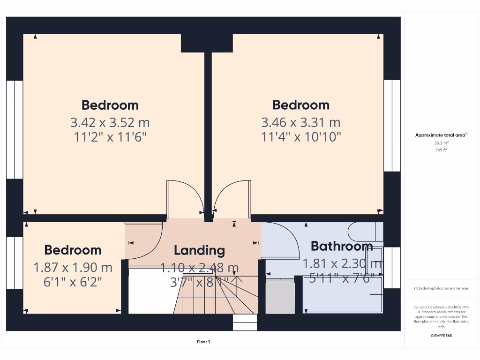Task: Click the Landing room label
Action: click(199, 250)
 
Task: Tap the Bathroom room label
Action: click(342, 246)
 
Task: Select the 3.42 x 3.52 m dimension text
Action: click(110, 122)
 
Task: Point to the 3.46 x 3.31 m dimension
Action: click(300, 122)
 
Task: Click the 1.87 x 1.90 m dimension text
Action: click(73, 267)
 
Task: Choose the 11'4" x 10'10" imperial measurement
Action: click(300, 137)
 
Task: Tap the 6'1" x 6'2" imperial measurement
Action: click(73, 282)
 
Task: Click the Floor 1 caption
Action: click(203, 342)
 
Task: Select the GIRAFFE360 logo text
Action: click(441, 336)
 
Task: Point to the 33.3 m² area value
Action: click(441, 142)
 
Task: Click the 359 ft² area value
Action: click(441, 150)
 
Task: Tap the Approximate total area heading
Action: click(441, 135)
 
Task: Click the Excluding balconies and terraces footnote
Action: click(441, 288)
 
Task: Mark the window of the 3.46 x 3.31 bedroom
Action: click(392, 126)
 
